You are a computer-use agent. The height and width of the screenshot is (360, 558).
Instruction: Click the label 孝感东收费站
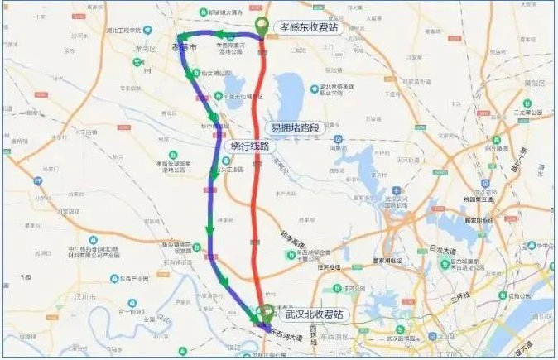tap(309, 26)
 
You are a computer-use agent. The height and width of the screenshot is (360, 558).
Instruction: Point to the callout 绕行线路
tap(248, 146)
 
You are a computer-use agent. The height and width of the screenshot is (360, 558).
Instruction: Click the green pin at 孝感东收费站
tap(262, 26)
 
